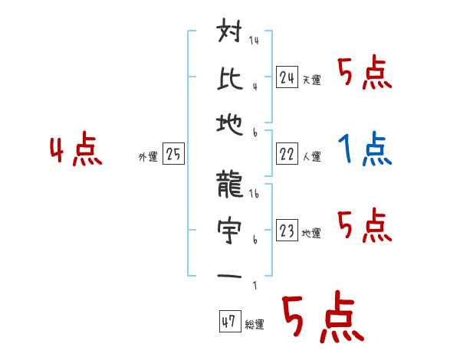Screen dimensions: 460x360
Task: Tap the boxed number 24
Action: tap(287, 77)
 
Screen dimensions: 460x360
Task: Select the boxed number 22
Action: tap(287, 154)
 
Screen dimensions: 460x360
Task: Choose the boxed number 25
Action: tap(173, 154)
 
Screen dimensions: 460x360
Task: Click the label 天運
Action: tap(311, 80)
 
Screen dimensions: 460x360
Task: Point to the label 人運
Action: tap(311, 157)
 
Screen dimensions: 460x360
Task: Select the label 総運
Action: tap(255, 325)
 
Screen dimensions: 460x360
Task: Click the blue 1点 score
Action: tap(364, 149)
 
